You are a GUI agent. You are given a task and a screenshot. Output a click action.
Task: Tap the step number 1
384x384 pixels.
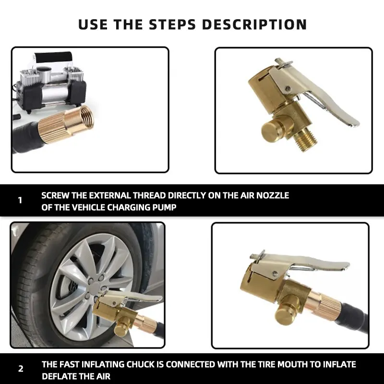click(x=20, y=200)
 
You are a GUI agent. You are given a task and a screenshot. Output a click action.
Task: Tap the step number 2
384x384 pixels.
click(x=20, y=369)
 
